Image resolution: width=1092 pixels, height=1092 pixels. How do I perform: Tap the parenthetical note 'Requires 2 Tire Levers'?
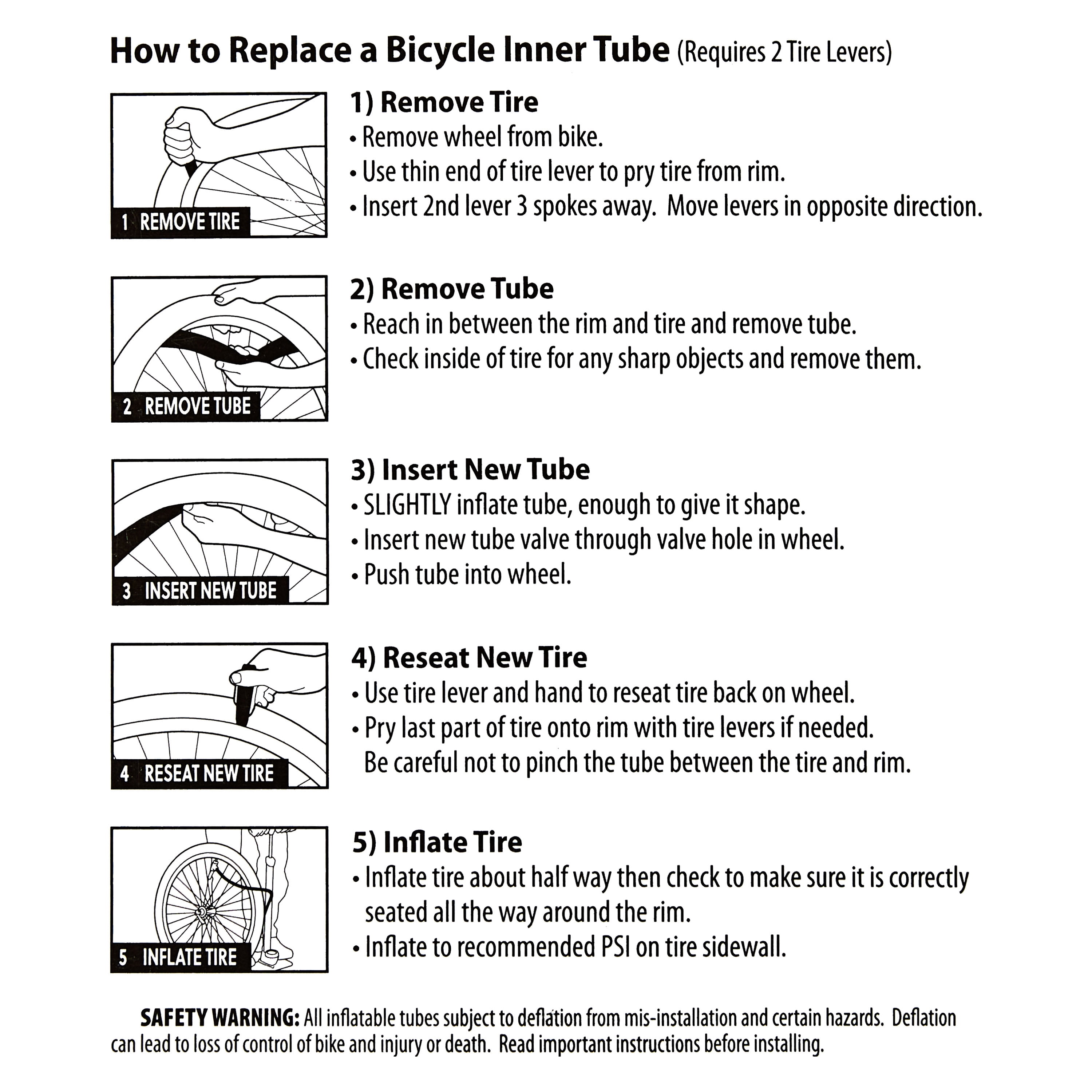[784, 52]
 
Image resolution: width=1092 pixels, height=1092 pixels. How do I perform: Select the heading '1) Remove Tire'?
[444, 102]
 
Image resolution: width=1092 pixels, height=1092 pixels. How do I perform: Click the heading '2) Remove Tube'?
[452, 289]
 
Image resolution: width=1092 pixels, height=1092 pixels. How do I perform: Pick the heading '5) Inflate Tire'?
[437, 842]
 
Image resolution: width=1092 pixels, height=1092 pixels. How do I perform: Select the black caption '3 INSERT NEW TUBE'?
[200, 591]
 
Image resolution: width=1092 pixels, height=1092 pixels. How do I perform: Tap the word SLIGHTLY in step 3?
[407, 505]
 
